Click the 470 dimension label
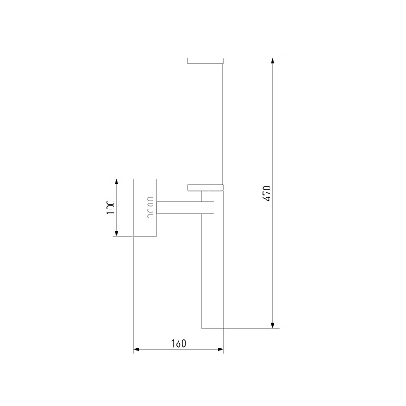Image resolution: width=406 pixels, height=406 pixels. coord(267,193)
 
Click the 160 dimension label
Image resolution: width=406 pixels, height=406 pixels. coord(179,343)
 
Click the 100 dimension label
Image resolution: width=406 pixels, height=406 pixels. coord(111,207)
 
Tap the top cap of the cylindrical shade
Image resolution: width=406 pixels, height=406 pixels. coord(205,61)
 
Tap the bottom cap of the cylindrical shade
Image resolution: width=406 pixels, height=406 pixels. coord(205,188)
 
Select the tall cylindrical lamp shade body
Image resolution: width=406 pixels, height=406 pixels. coord(205,124)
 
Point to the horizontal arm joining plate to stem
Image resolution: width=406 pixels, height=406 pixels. coord(179,207)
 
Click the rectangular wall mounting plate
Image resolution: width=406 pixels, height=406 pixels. coord(145,208)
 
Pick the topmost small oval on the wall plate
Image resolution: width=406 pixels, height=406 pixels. coord(150,199)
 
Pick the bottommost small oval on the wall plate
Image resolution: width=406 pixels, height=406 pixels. coord(150,216)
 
